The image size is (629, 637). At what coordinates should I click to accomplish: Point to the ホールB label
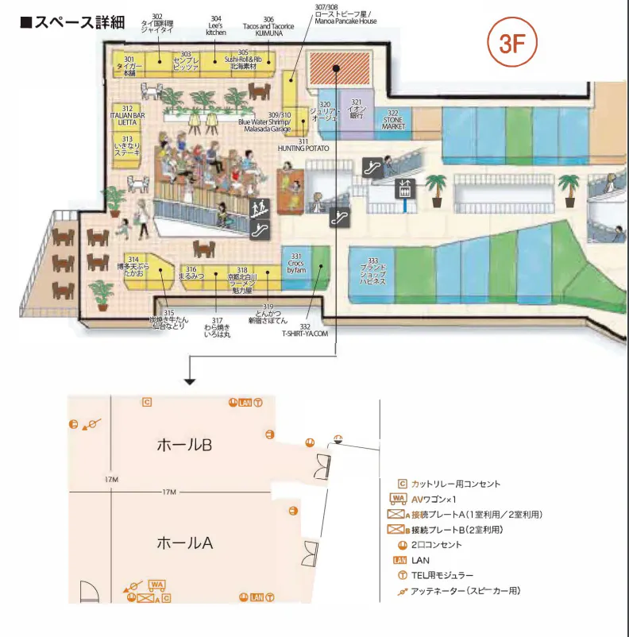coord(184,446)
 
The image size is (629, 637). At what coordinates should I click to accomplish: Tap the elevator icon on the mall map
coord(406,188)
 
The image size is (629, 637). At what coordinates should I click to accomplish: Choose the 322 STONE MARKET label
coord(393,120)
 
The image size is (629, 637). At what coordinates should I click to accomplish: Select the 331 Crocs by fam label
coord(296,264)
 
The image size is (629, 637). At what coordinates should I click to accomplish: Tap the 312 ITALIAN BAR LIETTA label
coord(127,116)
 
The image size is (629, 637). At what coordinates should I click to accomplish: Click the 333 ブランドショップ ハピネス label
coord(372,272)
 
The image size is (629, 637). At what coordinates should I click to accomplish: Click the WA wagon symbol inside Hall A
coord(157,585)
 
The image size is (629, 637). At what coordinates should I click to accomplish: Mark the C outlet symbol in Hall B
coord(146,402)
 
